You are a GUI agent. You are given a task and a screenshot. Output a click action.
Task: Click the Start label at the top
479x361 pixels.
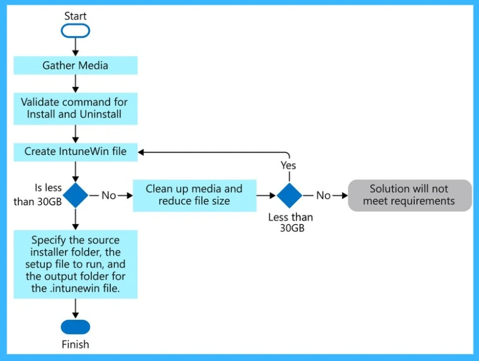(75, 16)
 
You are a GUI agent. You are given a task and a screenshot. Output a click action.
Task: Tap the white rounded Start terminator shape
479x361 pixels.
(75, 31)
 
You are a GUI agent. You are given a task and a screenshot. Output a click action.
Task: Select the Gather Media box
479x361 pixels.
(75, 65)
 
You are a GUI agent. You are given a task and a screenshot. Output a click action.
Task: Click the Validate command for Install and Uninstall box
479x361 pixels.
(75, 108)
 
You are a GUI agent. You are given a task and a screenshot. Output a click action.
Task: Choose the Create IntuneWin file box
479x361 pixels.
(75, 151)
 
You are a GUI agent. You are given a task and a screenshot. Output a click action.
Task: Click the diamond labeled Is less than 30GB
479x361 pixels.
(75, 195)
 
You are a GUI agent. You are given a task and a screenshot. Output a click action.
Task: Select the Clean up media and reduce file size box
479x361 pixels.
(194, 195)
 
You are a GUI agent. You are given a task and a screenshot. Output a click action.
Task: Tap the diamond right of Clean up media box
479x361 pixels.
(289, 195)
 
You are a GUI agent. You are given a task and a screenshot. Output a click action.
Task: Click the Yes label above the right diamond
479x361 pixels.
(289, 165)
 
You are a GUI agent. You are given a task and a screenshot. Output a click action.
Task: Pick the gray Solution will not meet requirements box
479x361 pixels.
(409, 195)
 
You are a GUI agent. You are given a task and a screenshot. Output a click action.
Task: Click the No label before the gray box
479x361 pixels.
(323, 195)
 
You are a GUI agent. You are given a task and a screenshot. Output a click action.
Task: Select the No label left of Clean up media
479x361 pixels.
(110, 195)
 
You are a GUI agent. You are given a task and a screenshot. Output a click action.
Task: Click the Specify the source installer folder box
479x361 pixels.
(75, 264)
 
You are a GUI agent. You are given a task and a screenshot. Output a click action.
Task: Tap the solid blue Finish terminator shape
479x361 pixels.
(75, 327)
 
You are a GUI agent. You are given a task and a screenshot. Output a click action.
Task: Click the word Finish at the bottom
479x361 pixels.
(75, 344)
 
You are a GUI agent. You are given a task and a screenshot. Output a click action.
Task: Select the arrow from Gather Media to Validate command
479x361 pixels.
(75, 83)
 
